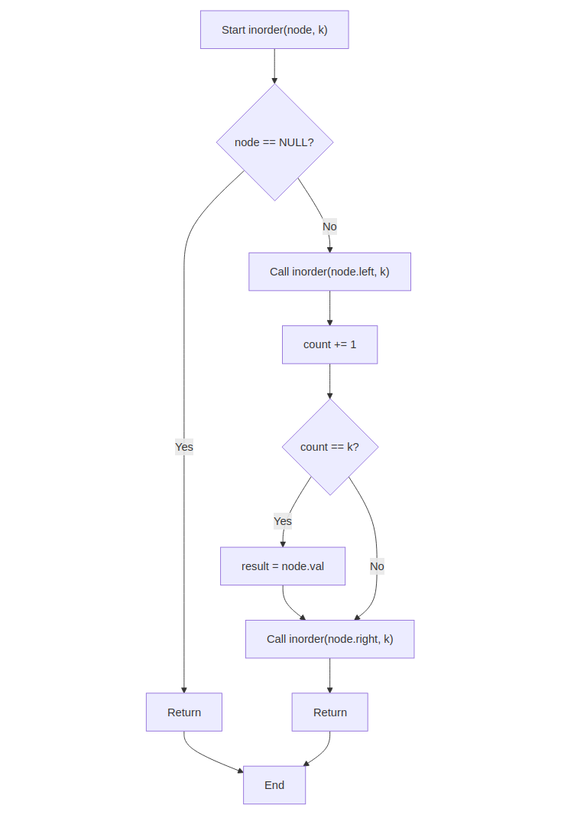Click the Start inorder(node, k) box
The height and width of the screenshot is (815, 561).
point(274,30)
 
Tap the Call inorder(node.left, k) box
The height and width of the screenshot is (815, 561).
point(329,272)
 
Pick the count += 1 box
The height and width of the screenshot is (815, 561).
point(329,344)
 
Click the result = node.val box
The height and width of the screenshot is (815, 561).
point(282,566)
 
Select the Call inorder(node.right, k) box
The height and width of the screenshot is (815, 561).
point(329,639)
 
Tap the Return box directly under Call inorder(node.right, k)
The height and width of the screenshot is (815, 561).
point(329,712)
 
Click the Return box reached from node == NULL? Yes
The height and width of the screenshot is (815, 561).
point(183,712)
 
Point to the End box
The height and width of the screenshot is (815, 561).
point(274,785)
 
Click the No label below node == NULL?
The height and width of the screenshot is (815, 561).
point(329,227)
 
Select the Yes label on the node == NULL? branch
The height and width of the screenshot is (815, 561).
point(183,447)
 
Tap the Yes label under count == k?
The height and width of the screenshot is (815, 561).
point(283,521)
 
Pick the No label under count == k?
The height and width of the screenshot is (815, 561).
point(377,566)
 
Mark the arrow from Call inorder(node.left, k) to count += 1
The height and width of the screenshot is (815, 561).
point(329,308)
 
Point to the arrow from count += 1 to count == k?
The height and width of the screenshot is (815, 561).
point(329,381)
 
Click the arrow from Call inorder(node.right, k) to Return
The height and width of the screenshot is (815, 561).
point(329,675)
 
